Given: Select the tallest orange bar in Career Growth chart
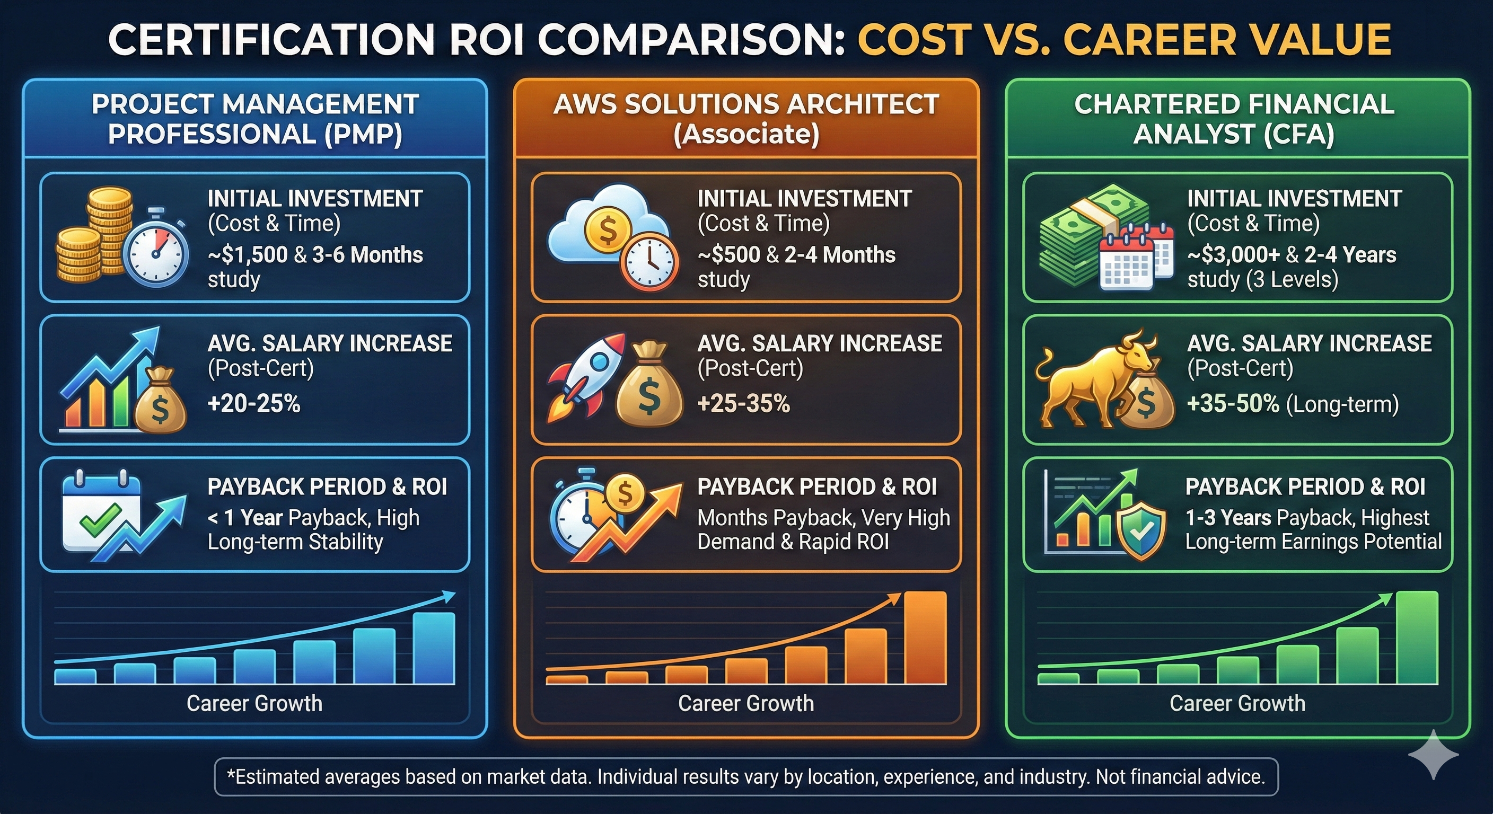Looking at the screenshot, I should click(x=925, y=638).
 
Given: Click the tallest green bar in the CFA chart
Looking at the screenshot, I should click(x=1417, y=638).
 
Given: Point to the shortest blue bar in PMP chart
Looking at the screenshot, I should click(x=75, y=676).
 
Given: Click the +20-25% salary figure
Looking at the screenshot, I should click(x=254, y=403).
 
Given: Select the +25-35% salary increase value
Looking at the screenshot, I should click(x=744, y=403).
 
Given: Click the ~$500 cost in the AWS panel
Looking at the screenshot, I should click(x=729, y=255).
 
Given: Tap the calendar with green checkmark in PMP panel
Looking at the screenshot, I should click(x=101, y=510).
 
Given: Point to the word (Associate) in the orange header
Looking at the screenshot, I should click(x=746, y=135).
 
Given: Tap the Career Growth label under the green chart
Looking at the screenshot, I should click(x=1237, y=703).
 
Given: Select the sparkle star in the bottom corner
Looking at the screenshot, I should click(x=1433, y=754).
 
